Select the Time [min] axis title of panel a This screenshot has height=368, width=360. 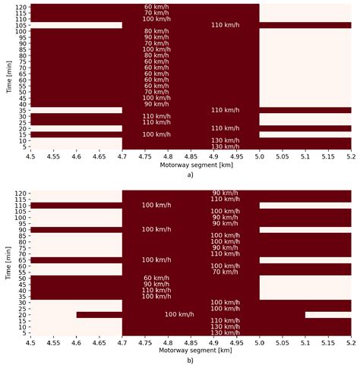point(6,77)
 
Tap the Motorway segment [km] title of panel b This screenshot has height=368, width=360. point(191,351)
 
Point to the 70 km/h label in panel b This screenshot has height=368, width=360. point(226,272)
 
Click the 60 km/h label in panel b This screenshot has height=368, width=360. point(156,278)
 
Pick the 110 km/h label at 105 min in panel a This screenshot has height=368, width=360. point(226,25)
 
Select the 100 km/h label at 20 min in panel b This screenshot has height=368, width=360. point(179,314)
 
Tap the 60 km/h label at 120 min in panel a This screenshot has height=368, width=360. point(156,7)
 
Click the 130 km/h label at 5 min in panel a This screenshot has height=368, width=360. point(226,146)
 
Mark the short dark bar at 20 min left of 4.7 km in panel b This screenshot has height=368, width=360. point(99,314)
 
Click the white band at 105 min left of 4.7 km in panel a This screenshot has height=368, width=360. point(76,25)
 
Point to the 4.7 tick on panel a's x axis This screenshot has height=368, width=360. point(122,156)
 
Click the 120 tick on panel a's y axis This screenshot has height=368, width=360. point(18,7)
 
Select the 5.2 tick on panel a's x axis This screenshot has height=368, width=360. point(351,156)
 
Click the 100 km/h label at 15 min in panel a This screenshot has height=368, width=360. point(156,134)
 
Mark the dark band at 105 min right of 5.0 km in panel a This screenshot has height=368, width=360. point(305,25)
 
